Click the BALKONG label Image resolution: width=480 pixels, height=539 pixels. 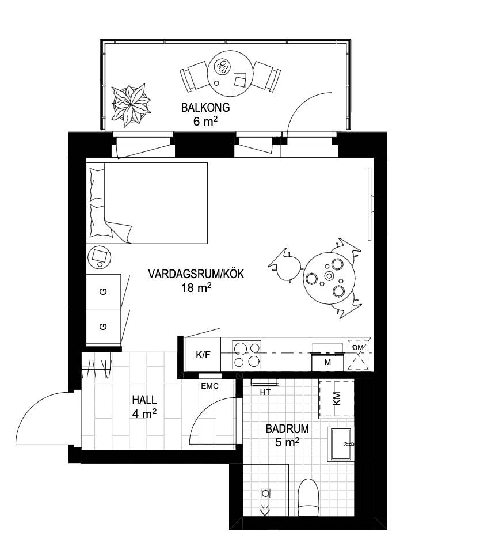(x=205, y=108)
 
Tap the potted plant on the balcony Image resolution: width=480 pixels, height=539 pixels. (x=131, y=105)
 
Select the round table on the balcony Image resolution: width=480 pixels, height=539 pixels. (x=230, y=74)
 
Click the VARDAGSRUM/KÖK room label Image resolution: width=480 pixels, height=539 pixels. (x=196, y=274)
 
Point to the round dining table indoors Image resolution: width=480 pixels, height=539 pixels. (x=329, y=278)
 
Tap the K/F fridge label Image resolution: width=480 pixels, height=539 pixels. (x=203, y=355)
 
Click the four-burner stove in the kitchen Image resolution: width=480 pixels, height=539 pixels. (x=247, y=354)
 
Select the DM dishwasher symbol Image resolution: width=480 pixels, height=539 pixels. (x=358, y=355)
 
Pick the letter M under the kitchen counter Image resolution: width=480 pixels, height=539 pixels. (x=327, y=362)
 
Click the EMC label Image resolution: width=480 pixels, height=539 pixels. (x=209, y=386)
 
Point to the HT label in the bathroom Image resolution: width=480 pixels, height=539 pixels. (x=265, y=392)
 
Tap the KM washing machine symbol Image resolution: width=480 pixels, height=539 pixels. (x=336, y=398)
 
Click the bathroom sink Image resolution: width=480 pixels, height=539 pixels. (x=341, y=444)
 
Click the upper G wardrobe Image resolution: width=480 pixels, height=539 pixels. (x=104, y=291)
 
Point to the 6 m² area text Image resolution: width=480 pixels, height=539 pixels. (x=205, y=122)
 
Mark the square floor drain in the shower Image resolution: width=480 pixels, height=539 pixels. (x=265, y=494)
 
